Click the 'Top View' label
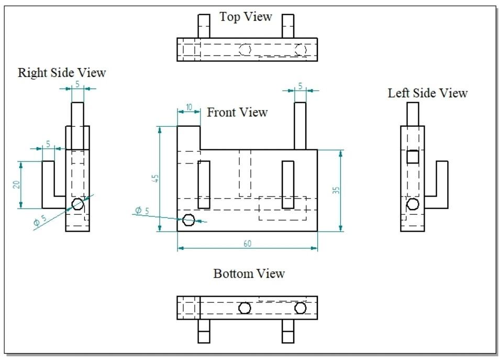pos(246,17)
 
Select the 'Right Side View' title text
pos(62,72)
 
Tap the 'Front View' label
pos(237,112)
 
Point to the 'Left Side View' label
pos(427,93)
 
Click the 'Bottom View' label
pos(249,274)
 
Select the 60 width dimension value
pos(248,243)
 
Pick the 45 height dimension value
pos(155,178)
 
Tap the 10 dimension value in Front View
pos(188,107)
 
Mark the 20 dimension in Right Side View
pos(16,184)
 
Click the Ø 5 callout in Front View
pos(142,210)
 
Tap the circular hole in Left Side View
pos(413,204)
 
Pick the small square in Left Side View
pos(413,157)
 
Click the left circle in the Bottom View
pos(245,308)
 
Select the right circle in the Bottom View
pos(300,308)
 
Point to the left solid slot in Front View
pos(204,184)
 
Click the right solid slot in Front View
pos(287,184)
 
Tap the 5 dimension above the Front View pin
pos(300,85)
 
